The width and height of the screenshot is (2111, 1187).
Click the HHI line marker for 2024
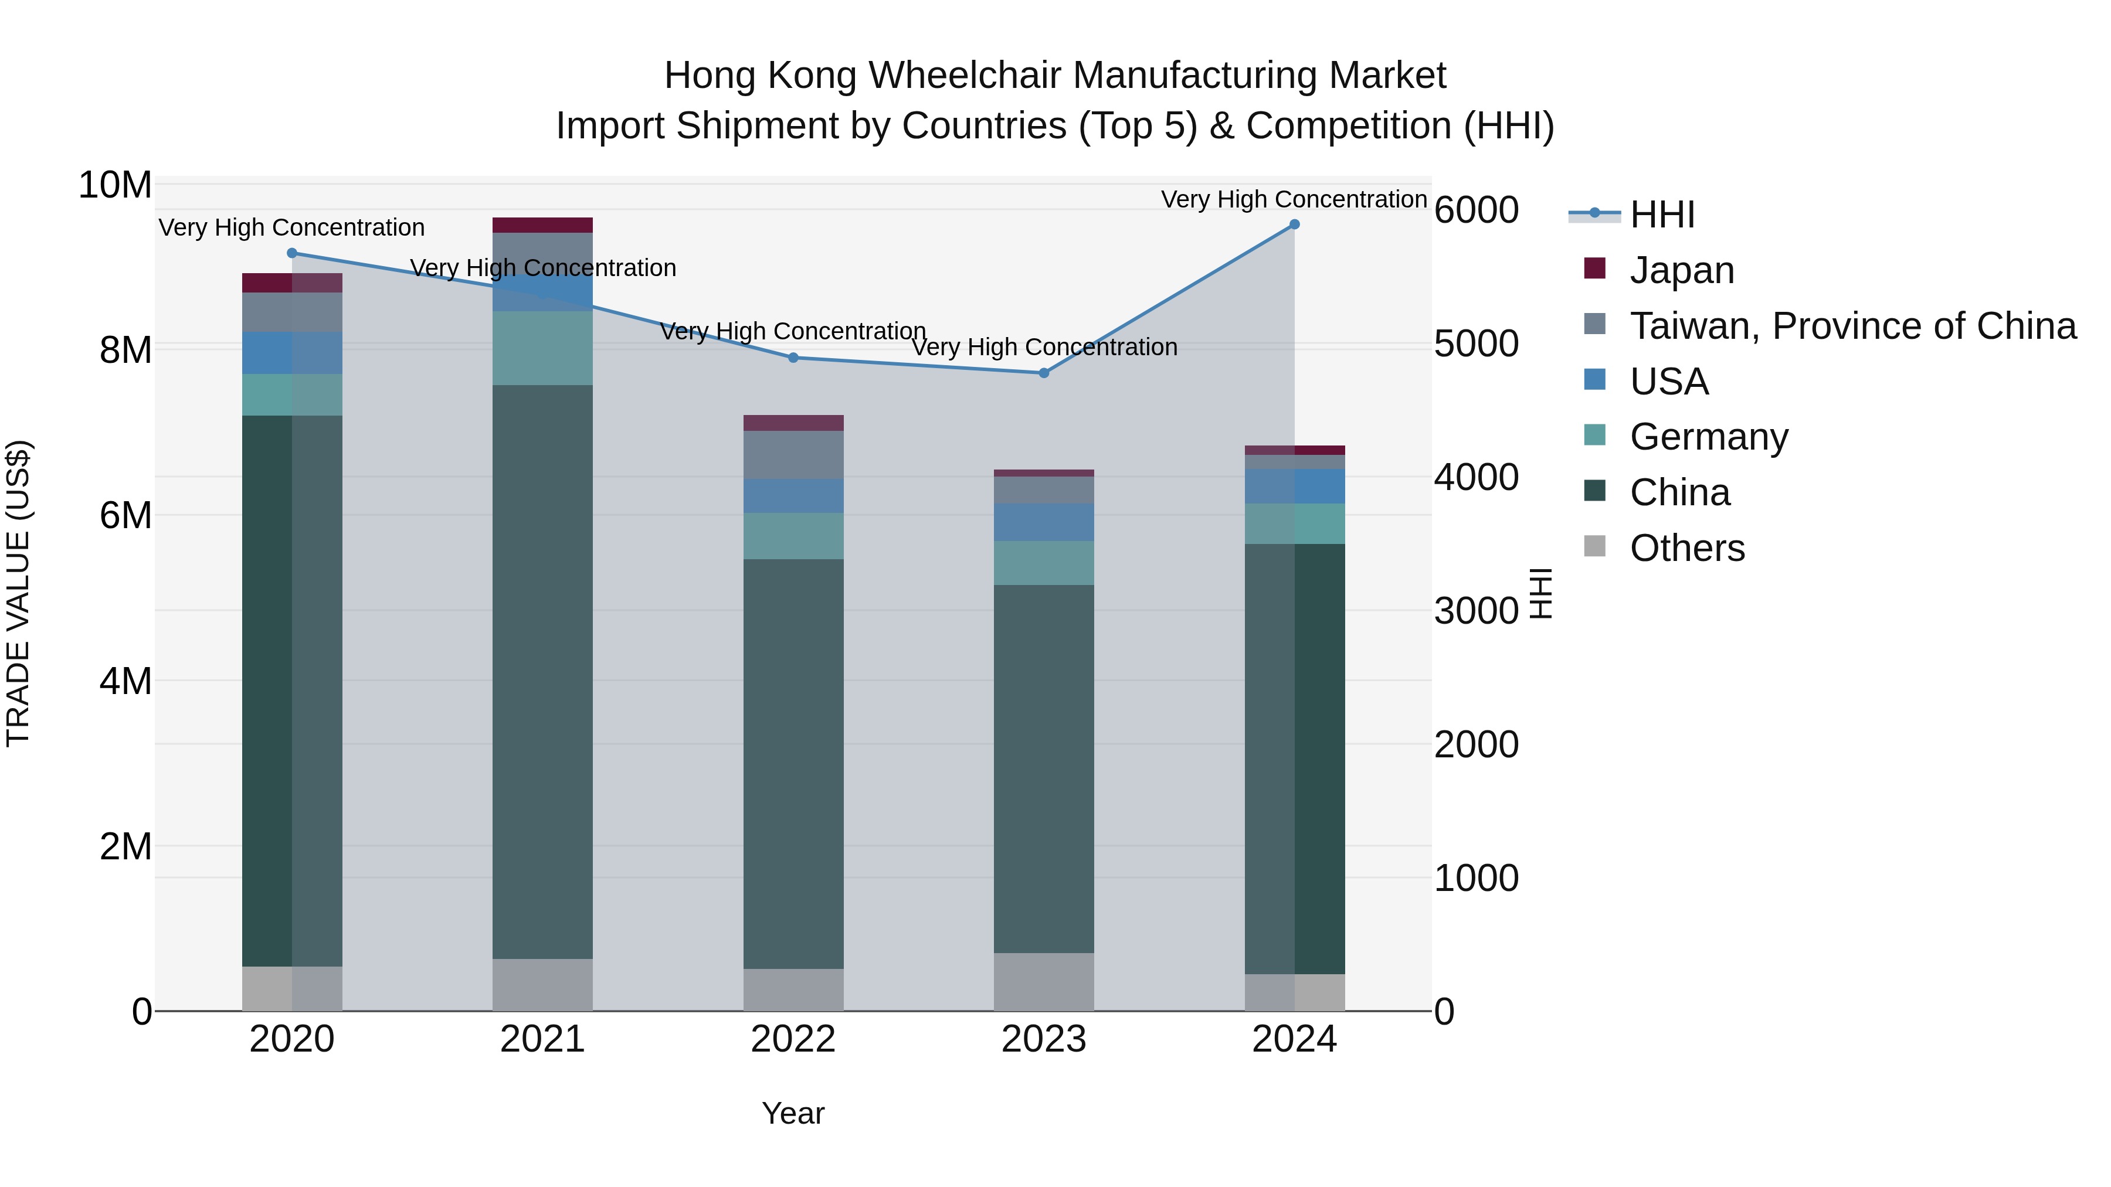pyautogui.click(x=1294, y=225)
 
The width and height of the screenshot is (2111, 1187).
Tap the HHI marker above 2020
pyautogui.click(x=292, y=253)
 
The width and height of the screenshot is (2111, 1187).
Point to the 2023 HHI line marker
pyautogui.click(x=1043, y=373)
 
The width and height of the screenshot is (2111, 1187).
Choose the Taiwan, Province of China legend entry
pyautogui.click(x=1852, y=326)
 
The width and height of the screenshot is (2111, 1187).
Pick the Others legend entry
pyautogui.click(x=1686, y=548)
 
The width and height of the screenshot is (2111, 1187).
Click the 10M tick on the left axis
pyautogui.click(x=115, y=185)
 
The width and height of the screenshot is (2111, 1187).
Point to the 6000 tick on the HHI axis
pyautogui.click(x=1476, y=210)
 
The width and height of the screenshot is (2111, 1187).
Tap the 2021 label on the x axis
pyautogui.click(x=542, y=1039)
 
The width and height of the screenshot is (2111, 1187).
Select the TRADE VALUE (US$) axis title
pyautogui.click(x=18, y=593)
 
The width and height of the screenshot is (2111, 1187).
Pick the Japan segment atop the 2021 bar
pyautogui.click(x=542, y=225)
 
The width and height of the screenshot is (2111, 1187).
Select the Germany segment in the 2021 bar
pyautogui.click(x=542, y=348)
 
